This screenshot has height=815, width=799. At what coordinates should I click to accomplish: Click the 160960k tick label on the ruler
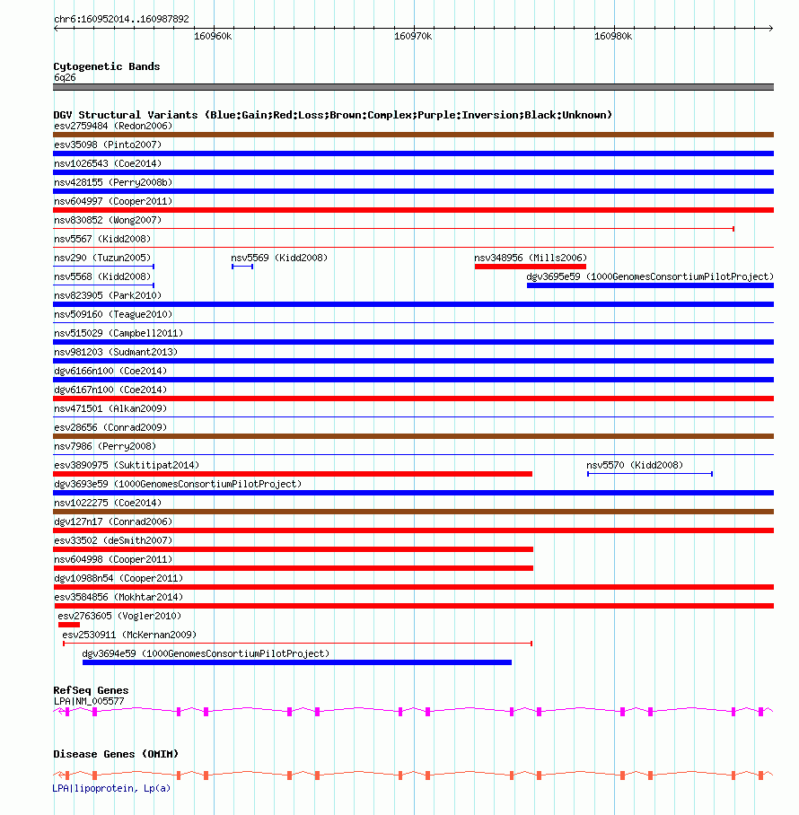(213, 37)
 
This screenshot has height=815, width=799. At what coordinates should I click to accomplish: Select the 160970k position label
(413, 37)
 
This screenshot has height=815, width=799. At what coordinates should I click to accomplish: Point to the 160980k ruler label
(613, 37)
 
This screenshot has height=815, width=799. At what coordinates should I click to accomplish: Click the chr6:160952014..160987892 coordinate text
(121, 18)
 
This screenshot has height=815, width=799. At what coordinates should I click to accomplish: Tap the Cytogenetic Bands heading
(106, 66)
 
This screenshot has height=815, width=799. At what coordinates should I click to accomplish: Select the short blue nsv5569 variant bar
(242, 267)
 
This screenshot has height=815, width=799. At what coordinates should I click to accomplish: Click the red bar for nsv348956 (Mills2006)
(530, 267)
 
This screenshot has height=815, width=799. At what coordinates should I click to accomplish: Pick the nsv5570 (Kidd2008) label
(634, 465)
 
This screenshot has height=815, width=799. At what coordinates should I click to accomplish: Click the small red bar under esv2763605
(69, 625)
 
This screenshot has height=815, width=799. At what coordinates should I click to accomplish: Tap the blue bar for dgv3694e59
(296, 662)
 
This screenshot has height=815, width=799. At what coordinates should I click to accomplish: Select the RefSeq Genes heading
(90, 690)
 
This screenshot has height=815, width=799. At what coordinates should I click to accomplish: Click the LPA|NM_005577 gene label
(89, 700)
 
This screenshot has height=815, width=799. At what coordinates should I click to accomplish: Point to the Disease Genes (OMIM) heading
(115, 754)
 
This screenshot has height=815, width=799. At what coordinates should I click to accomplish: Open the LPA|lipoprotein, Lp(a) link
(111, 788)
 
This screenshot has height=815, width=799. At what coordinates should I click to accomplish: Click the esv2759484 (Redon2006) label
(113, 126)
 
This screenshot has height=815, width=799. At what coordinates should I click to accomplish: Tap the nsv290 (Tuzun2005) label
(102, 258)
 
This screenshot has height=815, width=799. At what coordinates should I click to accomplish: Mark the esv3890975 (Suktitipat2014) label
(127, 465)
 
